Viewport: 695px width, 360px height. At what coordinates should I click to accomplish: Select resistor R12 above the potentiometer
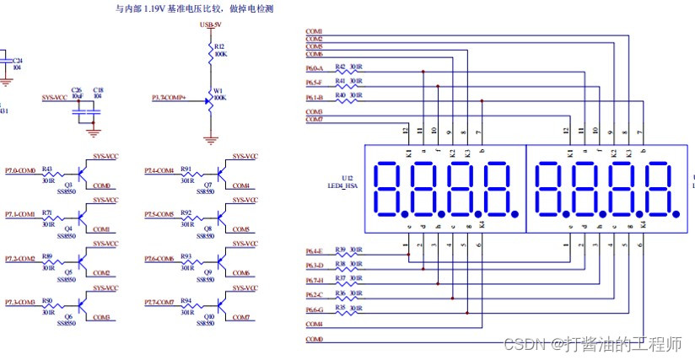(219, 46)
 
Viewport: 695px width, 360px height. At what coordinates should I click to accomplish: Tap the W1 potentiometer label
(218, 91)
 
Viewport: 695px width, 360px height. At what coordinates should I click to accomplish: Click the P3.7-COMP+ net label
(169, 99)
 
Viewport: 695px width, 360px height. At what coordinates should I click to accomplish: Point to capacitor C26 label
(77, 89)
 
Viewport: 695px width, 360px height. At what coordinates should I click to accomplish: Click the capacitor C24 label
(18, 61)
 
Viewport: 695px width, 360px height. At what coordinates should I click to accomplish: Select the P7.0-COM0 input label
(20, 171)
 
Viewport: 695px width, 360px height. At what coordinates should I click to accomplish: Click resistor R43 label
(47, 169)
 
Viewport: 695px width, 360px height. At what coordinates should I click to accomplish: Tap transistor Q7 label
(207, 185)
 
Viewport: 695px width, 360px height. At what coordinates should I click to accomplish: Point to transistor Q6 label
(68, 316)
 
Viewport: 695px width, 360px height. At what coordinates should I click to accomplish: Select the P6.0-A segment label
(317, 68)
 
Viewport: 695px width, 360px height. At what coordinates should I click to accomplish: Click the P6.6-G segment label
(317, 310)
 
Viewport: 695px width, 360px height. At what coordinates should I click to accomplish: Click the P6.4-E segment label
(317, 251)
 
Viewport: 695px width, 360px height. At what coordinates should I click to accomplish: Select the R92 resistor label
(186, 213)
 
